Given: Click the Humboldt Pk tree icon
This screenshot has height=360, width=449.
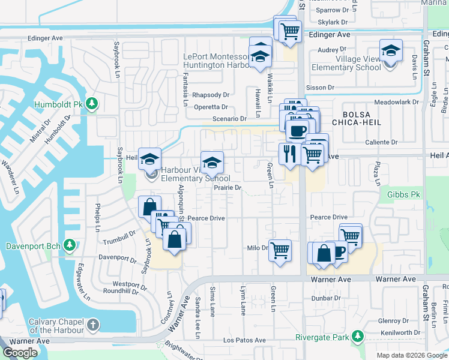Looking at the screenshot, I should pos(92,104).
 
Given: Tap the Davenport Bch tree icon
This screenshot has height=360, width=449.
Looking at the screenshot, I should pos(70,245).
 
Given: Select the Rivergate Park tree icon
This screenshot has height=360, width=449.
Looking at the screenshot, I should pos(358,336).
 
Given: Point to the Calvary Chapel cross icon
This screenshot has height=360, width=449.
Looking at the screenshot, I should pos(92,325).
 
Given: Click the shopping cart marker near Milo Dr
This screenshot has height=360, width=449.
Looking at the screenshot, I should pos(280,250).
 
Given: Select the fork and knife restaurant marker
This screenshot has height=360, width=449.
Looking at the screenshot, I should pos(289,154).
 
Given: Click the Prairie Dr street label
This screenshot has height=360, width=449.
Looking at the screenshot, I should pos(228,188).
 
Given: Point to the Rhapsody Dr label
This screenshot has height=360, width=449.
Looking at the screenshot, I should pos(211,95).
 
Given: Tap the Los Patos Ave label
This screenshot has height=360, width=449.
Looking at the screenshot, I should pos(244,340).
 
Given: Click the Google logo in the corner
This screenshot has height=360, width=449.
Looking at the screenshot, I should pos(20,353).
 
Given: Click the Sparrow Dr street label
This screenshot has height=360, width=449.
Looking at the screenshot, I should pos(333,10).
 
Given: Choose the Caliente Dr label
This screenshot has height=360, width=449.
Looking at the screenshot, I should pos(382,142).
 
